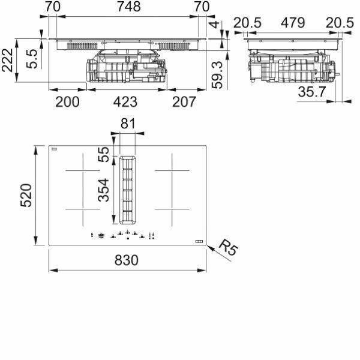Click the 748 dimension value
(x=129, y=7)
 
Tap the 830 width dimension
(x=127, y=260)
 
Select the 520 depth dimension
(x=26, y=196)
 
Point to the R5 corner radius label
(x=228, y=247)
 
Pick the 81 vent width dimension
(x=128, y=124)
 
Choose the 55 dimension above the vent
(x=104, y=155)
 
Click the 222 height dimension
(x=7, y=60)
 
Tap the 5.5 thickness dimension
(x=31, y=59)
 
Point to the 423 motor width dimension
(x=125, y=102)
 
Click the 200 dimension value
(x=67, y=102)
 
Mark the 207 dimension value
(x=184, y=102)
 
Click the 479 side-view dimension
(x=293, y=23)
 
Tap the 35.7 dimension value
(x=312, y=91)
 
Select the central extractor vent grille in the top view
(x=128, y=190)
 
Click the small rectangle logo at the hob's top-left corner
(x=55, y=149)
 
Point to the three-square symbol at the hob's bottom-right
(x=199, y=241)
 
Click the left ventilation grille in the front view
(x=82, y=46)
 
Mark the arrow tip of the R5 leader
(x=207, y=245)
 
